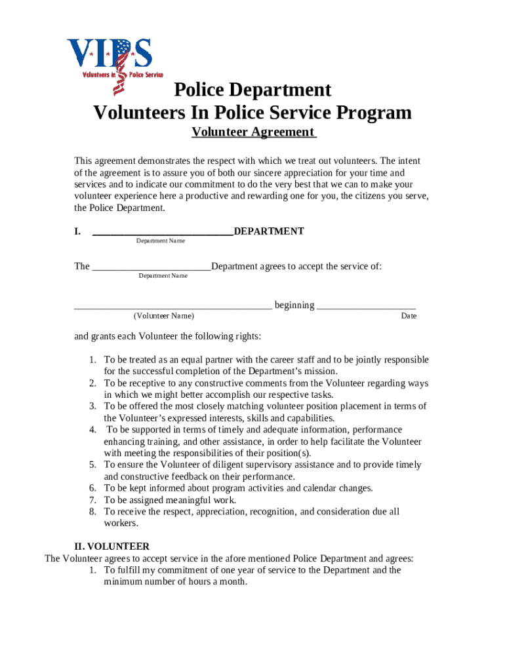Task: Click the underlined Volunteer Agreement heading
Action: click(x=254, y=132)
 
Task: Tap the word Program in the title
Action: click(x=373, y=113)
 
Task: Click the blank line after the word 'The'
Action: click(x=151, y=267)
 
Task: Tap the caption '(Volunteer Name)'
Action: click(x=164, y=316)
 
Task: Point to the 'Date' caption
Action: click(x=409, y=316)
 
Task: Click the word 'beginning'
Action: click(x=294, y=305)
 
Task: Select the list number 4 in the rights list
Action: click(x=93, y=430)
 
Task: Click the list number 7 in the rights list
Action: click(x=93, y=500)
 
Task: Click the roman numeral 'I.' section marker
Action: click(x=77, y=231)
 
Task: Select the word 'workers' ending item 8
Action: click(x=120, y=524)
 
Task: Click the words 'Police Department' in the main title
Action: click(x=253, y=90)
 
